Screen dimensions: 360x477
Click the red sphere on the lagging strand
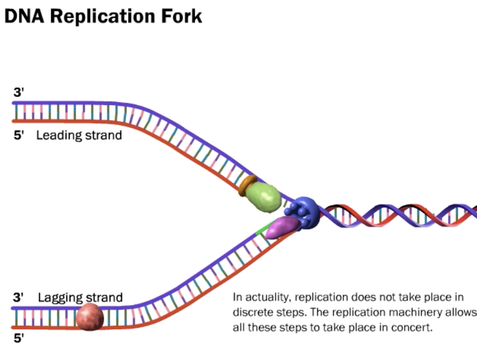(x=90, y=317)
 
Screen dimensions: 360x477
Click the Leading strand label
(x=79, y=135)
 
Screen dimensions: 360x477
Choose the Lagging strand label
(x=80, y=297)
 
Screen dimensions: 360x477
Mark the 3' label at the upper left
(x=18, y=92)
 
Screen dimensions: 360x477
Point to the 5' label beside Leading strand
(x=18, y=136)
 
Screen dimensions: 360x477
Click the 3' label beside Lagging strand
(x=18, y=297)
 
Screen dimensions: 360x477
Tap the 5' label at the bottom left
(x=18, y=340)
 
